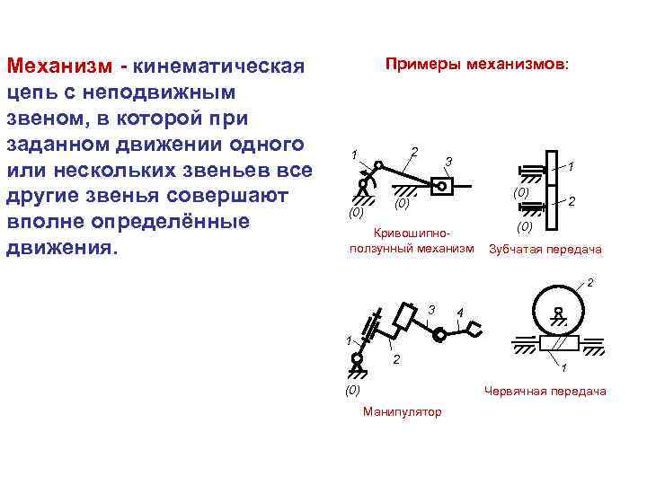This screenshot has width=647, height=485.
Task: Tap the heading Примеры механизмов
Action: pyautogui.click(x=476, y=65)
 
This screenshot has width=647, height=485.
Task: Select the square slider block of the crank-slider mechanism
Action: pyautogui.click(x=442, y=186)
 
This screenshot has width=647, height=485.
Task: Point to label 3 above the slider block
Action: pyautogui.click(x=448, y=162)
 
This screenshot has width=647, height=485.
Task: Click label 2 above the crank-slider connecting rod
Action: pyautogui.click(x=413, y=149)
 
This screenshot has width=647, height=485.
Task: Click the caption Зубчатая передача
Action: pyautogui.click(x=545, y=249)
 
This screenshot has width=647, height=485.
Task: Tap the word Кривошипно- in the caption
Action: pyautogui.click(x=411, y=232)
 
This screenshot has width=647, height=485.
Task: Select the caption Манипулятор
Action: pyautogui.click(x=402, y=411)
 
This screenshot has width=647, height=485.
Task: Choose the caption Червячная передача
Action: pyautogui.click(x=545, y=391)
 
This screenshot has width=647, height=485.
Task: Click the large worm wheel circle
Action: pyautogui.click(x=558, y=310)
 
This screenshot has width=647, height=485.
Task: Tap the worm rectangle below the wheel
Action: pyautogui.click(x=558, y=343)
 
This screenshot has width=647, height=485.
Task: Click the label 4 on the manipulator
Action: pyautogui.click(x=460, y=313)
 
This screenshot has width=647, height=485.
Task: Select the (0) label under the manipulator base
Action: pyautogui.click(x=352, y=390)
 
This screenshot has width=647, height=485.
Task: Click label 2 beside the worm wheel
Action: pyautogui.click(x=589, y=284)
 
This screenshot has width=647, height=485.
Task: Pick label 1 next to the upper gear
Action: pyautogui.click(x=572, y=166)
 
